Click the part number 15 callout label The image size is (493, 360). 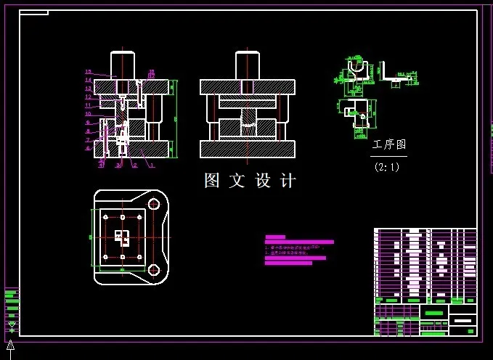point(88,72)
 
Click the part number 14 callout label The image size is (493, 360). point(88,80)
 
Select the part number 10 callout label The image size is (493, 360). point(88,113)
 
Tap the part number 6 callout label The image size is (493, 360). point(88,148)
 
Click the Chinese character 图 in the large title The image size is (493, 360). point(212,181)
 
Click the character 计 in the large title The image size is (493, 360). point(288,181)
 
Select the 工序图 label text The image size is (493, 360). point(389,145)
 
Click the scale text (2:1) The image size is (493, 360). point(387,167)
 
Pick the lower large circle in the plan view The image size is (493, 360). point(154,270)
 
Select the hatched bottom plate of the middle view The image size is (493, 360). point(248,149)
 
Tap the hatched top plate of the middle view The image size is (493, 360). point(248,87)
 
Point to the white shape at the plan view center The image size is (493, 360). point(122,236)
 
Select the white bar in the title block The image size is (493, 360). point(463,320)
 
